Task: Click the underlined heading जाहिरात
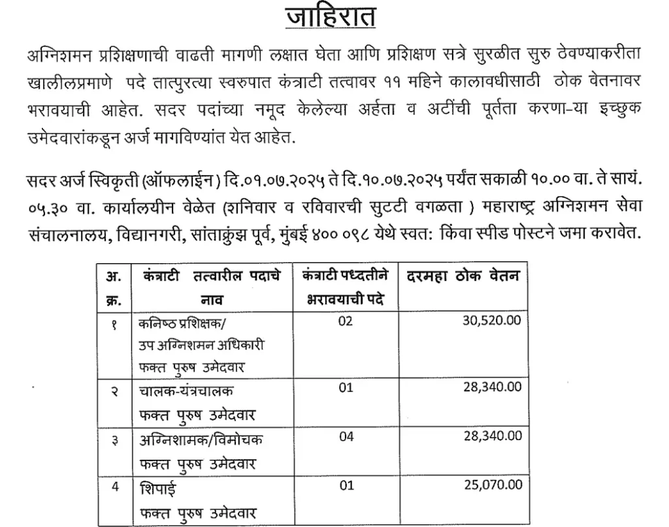[331, 16]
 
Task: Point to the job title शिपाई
[157, 488]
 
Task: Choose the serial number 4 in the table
[115, 487]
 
